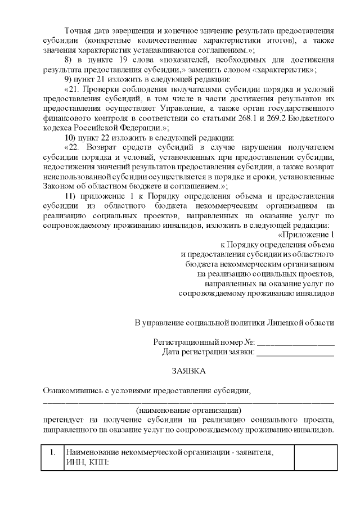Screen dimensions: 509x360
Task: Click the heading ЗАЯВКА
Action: pos(188,371)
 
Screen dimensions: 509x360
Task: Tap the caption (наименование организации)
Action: pos(188,410)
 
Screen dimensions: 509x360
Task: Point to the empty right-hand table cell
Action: pos(314,457)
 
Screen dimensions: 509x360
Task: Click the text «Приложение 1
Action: pos(307,234)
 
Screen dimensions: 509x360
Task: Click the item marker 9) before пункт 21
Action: pos(70,79)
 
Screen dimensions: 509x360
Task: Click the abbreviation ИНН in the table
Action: pos(75,462)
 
